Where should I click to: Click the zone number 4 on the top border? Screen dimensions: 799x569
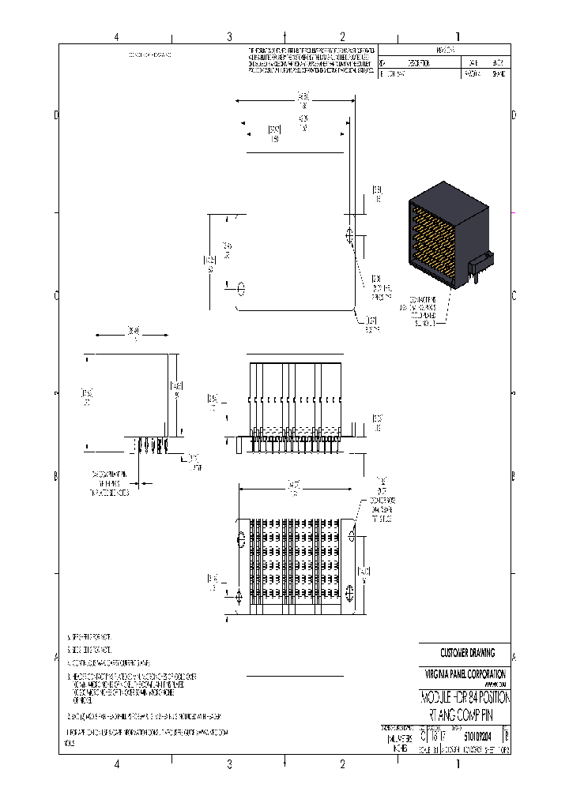pyautogui.click(x=116, y=36)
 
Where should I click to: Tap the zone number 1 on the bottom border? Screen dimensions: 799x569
pyautogui.click(x=458, y=763)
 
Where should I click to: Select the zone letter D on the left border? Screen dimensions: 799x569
pyautogui.click(x=55, y=115)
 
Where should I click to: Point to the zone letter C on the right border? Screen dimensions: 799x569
pyautogui.click(x=514, y=296)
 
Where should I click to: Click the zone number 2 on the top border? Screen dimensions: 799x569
pyautogui.click(x=342, y=36)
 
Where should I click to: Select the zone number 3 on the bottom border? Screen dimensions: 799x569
pyautogui.click(x=229, y=763)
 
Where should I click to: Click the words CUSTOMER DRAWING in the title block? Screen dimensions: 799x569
pyautogui.click(x=467, y=653)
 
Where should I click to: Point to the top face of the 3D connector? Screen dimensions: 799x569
pyautogui.click(x=447, y=193)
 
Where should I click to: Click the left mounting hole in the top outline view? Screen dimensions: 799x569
pyautogui.click(x=242, y=285)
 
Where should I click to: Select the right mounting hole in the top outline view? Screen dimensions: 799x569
pyautogui.click(x=349, y=235)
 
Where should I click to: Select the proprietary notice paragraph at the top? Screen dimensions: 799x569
pyautogui.click(x=312, y=60)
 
